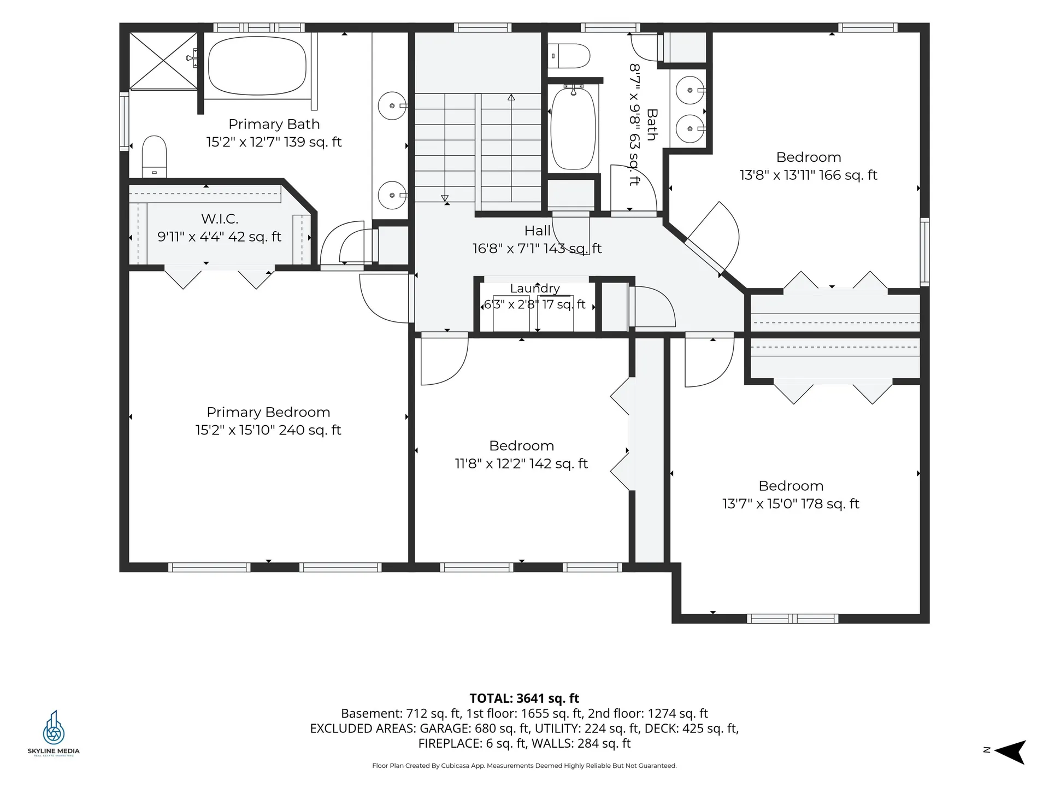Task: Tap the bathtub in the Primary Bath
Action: click(257, 66)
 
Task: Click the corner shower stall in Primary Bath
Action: click(163, 61)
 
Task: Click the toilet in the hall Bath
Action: click(569, 56)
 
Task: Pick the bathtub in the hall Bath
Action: click(573, 128)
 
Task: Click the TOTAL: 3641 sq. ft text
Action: click(524, 698)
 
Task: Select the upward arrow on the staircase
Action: click(511, 148)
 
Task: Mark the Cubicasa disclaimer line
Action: click(524, 766)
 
